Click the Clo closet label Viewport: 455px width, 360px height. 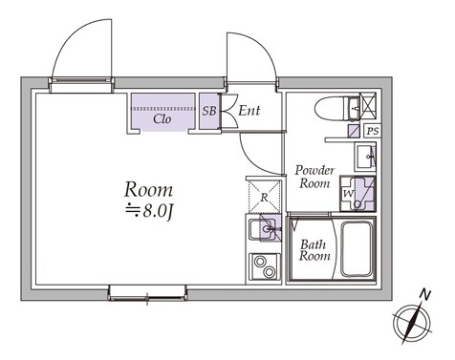point(162,119)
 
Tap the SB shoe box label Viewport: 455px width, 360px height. point(209,111)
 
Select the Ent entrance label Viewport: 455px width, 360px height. point(249,111)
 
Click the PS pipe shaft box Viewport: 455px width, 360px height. point(373,131)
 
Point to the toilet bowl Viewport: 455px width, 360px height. point(332,108)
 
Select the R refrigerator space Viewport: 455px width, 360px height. point(265,196)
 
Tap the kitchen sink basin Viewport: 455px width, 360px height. point(257,229)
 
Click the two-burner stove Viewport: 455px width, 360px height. point(264,267)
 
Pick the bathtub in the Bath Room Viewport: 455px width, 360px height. point(357,249)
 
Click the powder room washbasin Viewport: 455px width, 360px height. point(366,157)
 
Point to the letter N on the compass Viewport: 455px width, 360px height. point(424,294)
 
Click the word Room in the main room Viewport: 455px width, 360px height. point(148,190)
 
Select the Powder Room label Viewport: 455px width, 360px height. point(314,177)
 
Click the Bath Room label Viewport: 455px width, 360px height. point(314,250)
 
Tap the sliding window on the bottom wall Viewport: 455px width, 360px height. point(147,293)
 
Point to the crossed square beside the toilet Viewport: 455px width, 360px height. point(368,106)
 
